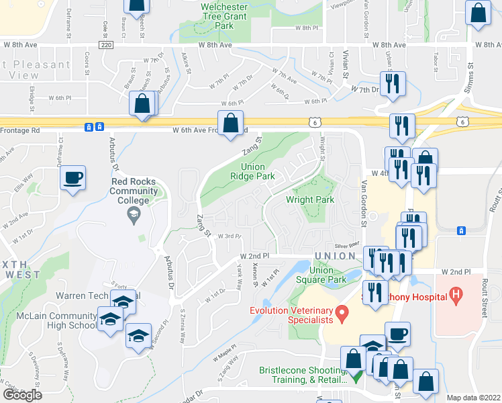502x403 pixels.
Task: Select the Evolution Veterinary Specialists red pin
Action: tap(342, 312)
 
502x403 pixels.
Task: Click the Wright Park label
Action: tap(310, 199)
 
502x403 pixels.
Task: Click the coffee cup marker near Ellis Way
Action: tap(72, 178)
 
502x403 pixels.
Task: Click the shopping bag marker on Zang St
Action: tap(230, 123)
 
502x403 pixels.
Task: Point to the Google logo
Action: tap(22, 395)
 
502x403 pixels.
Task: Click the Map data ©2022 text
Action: tap(473, 398)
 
